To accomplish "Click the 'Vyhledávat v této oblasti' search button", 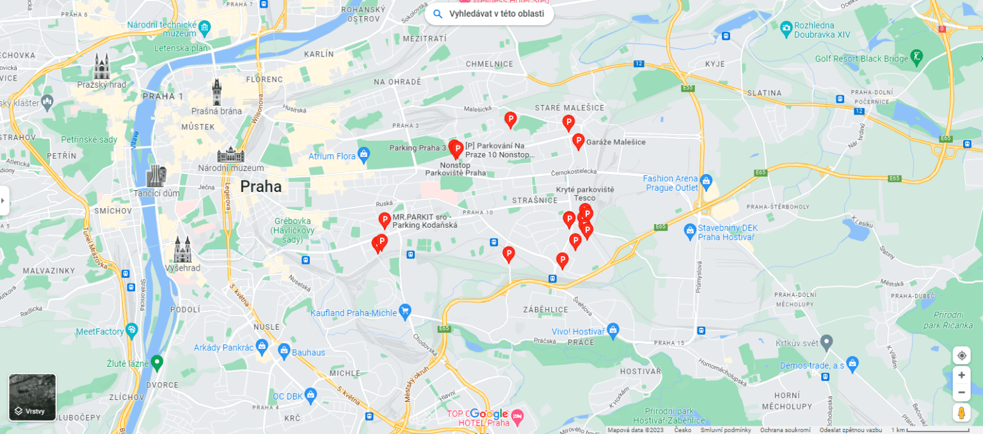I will coord(489,13).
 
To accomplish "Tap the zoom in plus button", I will coord(961,375).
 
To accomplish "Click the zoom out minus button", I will coord(961,392).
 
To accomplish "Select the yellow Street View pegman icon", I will coord(961,413).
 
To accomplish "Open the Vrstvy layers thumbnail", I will coord(32,397).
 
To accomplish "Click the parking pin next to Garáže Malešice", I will coord(578,141).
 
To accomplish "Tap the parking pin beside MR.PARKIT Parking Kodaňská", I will coord(385,220).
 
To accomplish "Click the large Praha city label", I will coord(260,187).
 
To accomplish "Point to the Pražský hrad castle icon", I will coord(102,66).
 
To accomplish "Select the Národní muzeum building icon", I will coord(230,154).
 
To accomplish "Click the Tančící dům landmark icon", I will coord(156,175).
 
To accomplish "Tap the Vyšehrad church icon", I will coord(183,249).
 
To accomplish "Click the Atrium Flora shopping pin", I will coord(364,154).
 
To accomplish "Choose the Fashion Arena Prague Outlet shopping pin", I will coord(706,181).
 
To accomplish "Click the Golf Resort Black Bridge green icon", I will coord(917,56).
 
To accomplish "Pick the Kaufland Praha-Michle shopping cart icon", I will coord(404,310).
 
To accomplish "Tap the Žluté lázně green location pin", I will coord(156,362).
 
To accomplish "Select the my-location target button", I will coord(961,355).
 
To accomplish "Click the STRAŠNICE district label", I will coord(532,201).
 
